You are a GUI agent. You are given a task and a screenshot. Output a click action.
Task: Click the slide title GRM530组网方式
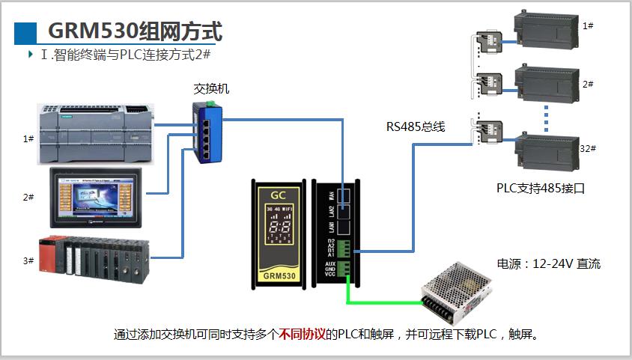click(x=135, y=31)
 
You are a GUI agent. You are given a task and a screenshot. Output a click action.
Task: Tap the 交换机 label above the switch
click(x=211, y=89)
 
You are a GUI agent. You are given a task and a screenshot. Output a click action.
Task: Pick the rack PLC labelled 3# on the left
click(x=94, y=259)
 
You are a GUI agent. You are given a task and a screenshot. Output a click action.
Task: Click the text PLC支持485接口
click(x=540, y=188)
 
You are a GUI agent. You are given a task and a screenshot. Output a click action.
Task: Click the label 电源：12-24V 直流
click(x=548, y=263)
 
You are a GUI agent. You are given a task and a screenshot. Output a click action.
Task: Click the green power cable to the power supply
click(x=382, y=302)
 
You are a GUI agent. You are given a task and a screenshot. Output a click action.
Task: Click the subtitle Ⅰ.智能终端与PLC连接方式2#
click(x=128, y=55)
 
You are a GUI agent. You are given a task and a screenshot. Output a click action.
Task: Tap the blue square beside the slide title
click(x=25, y=32)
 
